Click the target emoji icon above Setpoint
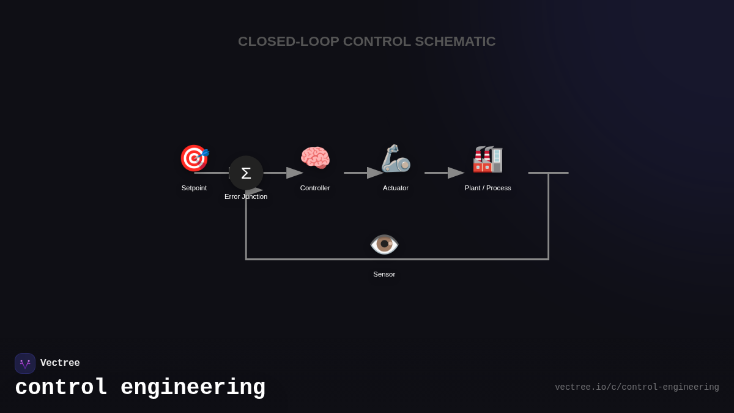(x=194, y=158)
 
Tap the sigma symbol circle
(x=246, y=173)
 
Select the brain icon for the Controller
(x=315, y=158)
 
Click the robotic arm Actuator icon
(x=396, y=158)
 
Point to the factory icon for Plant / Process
(x=487, y=158)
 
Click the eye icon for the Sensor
(x=384, y=244)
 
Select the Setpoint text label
(x=194, y=188)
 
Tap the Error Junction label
(x=246, y=196)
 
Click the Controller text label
(x=315, y=188)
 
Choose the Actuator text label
(x=396, y=188)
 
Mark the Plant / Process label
(x=487, y=188)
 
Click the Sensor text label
(x=384, y=274)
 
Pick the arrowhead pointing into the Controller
(x=295, y=173)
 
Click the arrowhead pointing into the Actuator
(x=375, y=173)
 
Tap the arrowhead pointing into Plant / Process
(x=456, y=173)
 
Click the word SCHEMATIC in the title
(x=455, y=42)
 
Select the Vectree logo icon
(x=25, y=363)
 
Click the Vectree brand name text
(x=60, y=363)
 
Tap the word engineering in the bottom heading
(x=193, y=388)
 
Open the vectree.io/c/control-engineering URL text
(x=637, y=387)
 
